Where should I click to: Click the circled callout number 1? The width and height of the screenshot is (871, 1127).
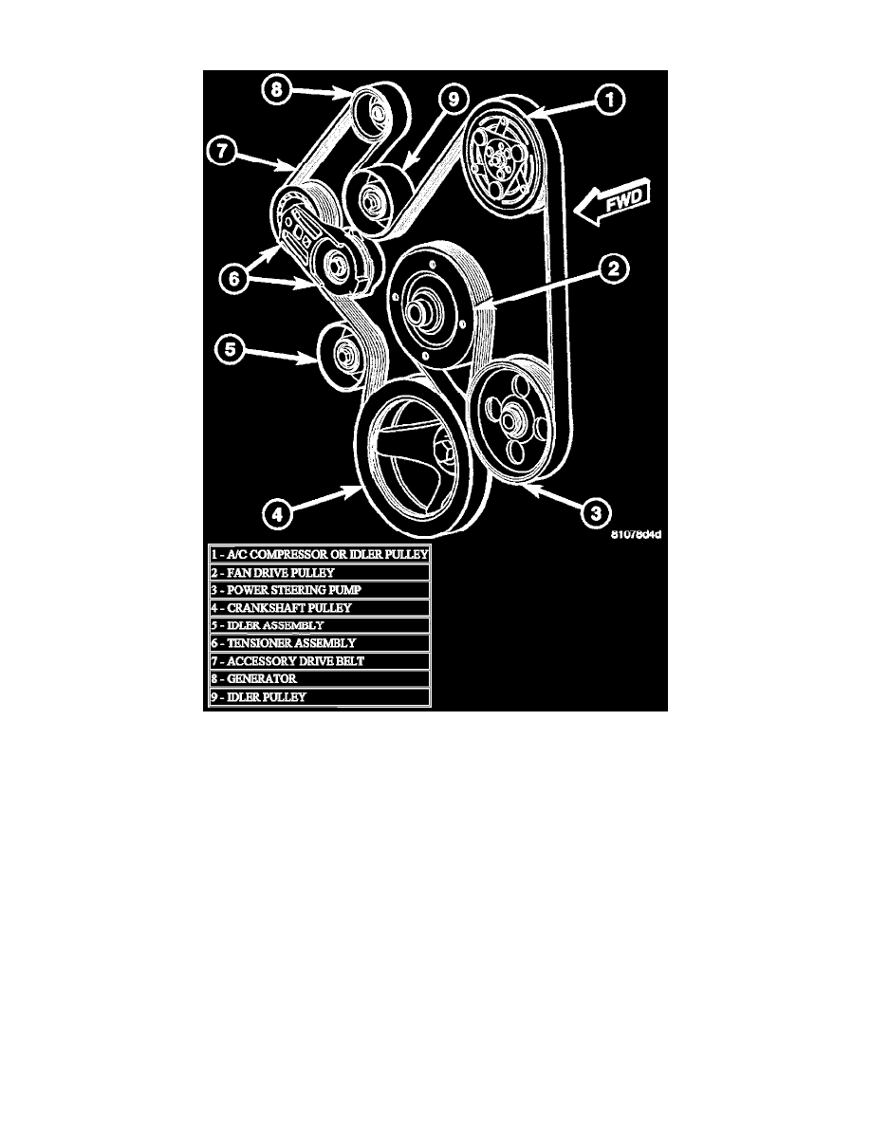(610, 98)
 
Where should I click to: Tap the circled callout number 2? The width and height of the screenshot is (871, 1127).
(614, 268)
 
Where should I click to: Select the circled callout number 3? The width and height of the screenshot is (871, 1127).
(593, 514)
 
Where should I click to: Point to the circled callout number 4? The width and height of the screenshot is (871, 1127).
(275, 516)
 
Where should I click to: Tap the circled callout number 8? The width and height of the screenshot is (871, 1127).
(276, 90)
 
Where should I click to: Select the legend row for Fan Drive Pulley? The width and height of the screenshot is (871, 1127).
(320, 573)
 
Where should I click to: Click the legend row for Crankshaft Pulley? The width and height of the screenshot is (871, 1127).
(320, 607)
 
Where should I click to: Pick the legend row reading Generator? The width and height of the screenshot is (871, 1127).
(320, 678)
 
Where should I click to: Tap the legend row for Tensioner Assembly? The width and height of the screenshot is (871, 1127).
(320, 643)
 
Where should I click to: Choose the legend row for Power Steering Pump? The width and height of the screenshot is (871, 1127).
(320, 590)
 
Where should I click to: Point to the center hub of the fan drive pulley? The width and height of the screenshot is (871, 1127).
(419, 311)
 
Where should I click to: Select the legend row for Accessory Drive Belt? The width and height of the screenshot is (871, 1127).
(320, 660)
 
